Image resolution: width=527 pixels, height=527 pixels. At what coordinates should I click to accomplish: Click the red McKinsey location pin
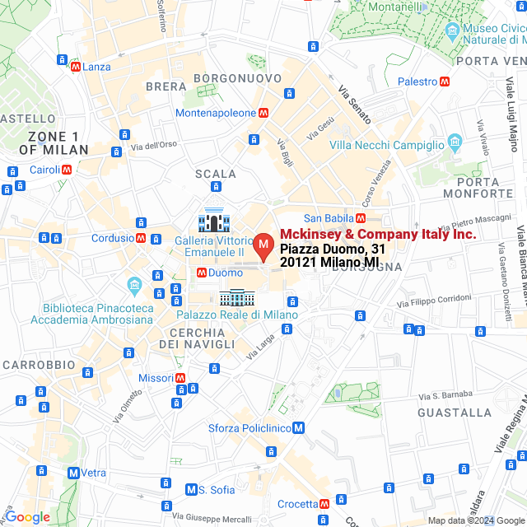[263, 245]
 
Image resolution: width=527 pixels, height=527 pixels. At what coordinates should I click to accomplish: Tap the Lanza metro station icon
[76, 67]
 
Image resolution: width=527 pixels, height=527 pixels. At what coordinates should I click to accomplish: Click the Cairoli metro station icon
[67, 170]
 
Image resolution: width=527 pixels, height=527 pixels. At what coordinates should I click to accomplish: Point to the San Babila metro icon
[361, 218]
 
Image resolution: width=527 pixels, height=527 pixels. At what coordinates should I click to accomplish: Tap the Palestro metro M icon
[445, 82]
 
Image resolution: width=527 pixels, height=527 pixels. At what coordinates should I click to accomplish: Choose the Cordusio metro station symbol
[141, 238]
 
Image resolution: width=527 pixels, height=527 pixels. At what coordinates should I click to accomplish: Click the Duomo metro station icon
[201, 273]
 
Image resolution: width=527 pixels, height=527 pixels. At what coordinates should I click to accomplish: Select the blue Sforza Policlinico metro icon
[299, 428]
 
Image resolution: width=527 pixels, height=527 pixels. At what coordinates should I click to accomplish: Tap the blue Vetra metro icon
[74, 473]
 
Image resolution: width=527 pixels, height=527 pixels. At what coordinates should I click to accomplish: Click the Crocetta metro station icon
[325, 504]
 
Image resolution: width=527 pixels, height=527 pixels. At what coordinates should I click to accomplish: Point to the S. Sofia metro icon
[191, 490]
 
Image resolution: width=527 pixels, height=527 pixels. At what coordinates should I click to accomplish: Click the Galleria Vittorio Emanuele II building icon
[213, 221]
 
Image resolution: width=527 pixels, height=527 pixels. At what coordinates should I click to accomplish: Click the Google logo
[27, 517]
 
